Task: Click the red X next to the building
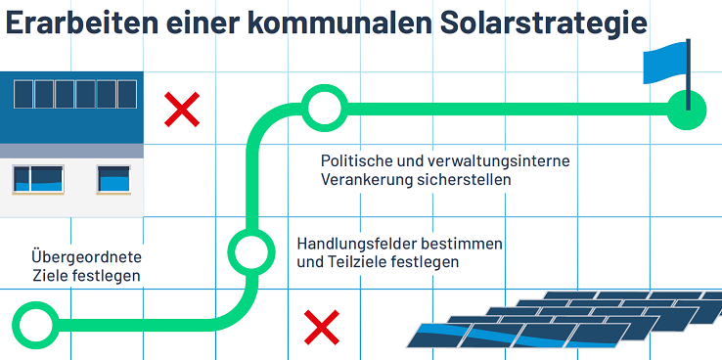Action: pos(182,110)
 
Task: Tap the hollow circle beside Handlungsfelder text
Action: pos(251,249)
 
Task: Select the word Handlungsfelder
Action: pos(357,243)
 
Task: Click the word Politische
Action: pos(356,159)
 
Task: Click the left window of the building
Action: pos(36,179)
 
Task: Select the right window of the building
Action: pos(113,179)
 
